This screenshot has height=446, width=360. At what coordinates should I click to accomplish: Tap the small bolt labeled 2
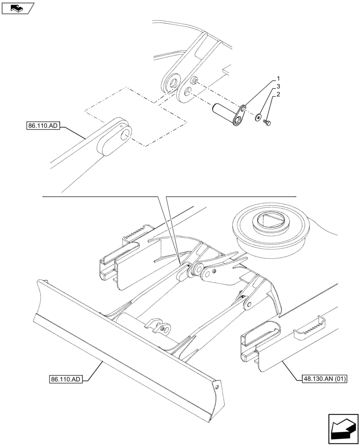point(268,121)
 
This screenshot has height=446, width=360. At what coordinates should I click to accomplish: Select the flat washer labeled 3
point(258,118)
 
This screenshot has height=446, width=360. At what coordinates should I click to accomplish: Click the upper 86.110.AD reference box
point(42,126)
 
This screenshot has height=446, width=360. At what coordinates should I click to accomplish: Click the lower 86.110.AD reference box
point(65,380)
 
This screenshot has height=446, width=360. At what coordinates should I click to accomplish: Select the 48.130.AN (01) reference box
point(321,379)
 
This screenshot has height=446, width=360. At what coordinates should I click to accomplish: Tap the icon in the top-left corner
point(17,8)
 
